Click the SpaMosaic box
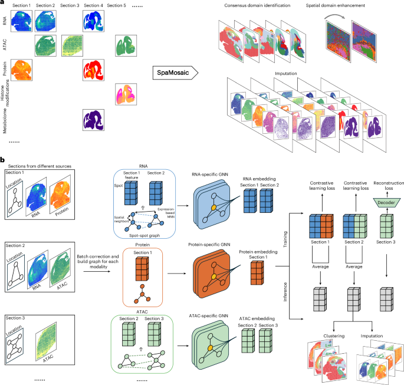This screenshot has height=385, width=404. coord(170,74)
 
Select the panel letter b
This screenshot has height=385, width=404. coord(4,159)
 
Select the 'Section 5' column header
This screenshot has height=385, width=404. coord(120,5)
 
